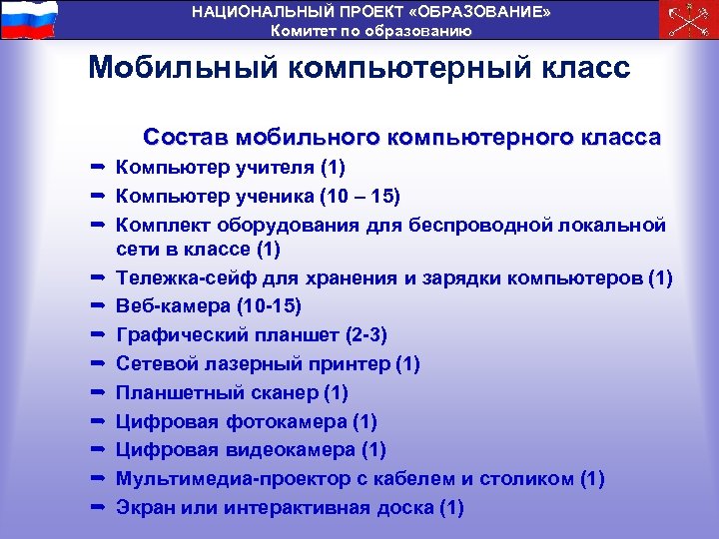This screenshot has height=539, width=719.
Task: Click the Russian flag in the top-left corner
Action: coord(29,19)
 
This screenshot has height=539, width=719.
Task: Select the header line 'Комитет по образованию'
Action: coord(371,30)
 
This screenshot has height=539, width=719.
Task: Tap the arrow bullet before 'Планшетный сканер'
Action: coord(99,391)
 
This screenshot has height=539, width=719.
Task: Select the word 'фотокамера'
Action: coord(291,421)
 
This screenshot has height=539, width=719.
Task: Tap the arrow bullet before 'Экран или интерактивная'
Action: coord(99,506)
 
